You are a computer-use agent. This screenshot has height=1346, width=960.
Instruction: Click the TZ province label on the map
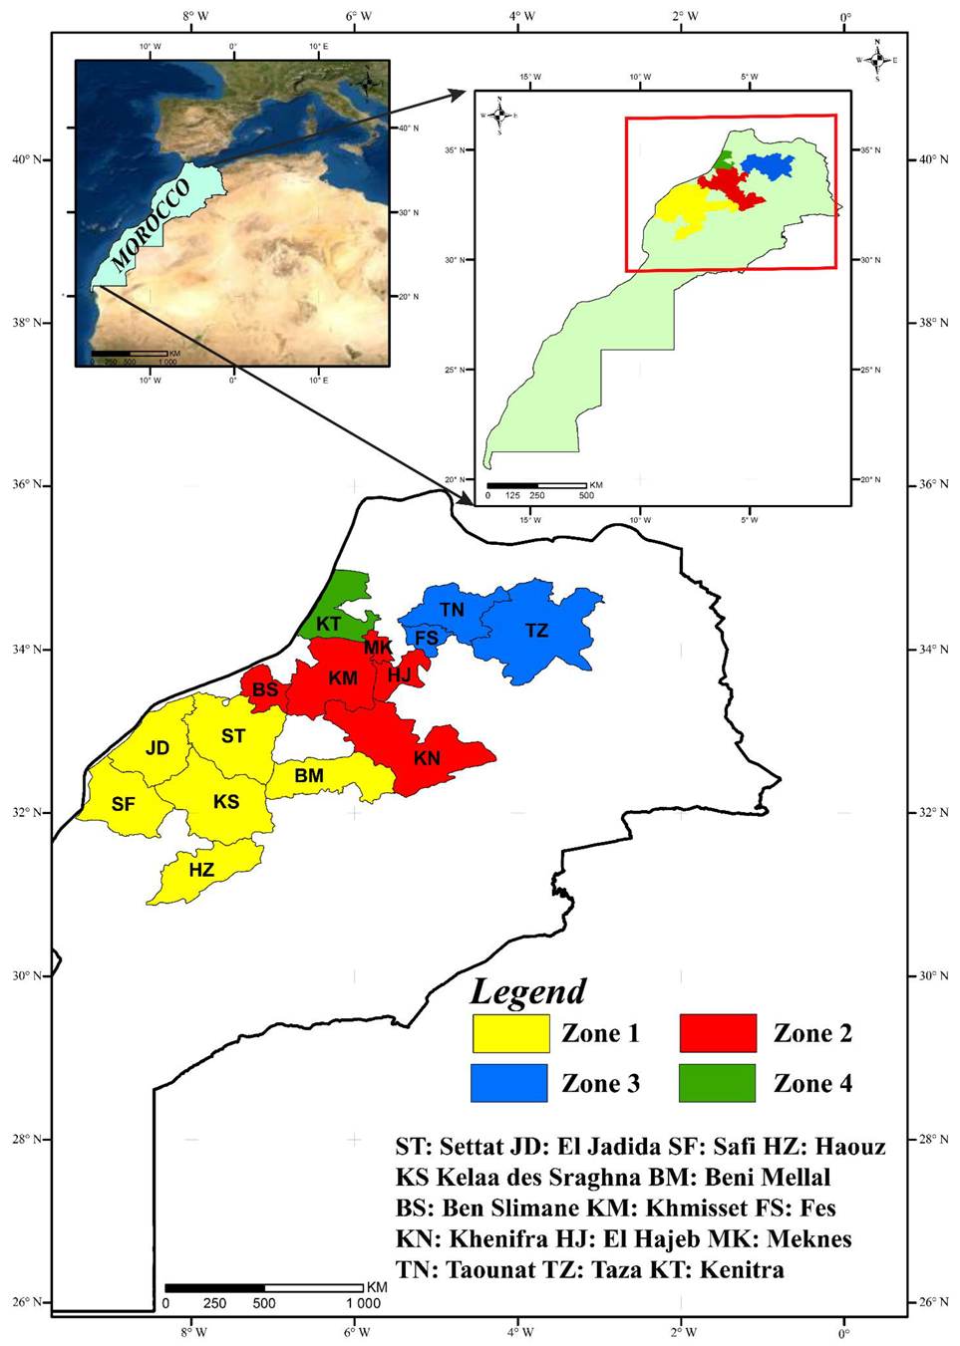point(536,631)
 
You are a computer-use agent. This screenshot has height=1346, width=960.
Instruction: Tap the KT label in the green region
point(328,625)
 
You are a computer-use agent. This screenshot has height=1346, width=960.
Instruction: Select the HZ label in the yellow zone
point(201,870)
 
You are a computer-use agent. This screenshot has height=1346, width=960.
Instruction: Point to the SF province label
point(123,804)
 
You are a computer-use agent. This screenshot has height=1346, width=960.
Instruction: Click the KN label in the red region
point(427,758)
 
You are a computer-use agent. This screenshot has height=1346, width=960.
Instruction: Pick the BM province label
point(309,775)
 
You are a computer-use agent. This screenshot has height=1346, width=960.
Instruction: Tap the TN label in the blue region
point(452,609)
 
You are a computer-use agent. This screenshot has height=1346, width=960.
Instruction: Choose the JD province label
point(158,748)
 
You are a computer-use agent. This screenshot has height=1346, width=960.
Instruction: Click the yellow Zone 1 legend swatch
point(510,1033)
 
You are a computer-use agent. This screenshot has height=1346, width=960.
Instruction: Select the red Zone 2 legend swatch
point(718,1033)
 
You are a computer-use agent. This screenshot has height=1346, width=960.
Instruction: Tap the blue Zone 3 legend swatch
point(509,1083)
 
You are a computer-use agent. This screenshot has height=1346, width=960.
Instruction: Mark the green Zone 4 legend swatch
point(718,1083)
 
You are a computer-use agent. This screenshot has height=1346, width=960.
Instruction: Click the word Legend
point(528,991)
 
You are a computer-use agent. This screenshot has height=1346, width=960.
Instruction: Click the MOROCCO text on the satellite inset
point(150,225)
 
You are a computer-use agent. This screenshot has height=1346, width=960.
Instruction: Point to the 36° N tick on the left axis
point(27,485)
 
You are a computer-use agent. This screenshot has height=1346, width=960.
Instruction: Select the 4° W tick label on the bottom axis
point(520,1332)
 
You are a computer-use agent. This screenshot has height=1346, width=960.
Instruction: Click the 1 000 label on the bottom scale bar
point(363,1303)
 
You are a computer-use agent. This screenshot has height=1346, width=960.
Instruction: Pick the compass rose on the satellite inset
point(368,81)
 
